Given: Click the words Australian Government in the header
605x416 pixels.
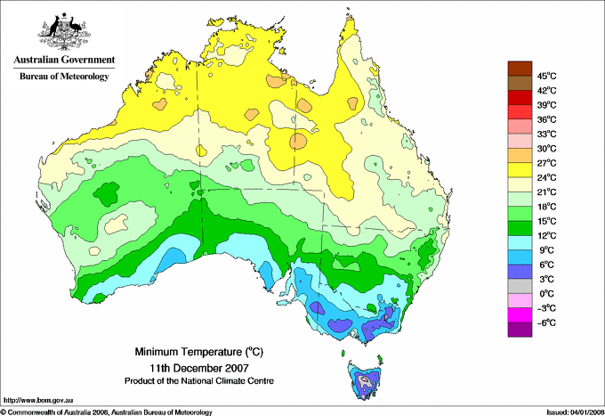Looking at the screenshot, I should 63,61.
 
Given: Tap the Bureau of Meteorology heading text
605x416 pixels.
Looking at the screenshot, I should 63,77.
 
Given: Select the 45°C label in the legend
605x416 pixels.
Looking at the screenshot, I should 546,76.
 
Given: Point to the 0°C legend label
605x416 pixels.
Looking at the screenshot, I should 546,293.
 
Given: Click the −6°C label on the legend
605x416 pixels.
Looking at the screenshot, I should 546,322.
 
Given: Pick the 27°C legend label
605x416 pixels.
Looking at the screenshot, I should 546,163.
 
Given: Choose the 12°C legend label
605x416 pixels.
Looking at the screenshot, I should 546,235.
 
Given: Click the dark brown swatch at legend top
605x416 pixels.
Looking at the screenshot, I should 518,69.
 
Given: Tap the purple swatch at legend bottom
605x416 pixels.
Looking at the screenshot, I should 518,330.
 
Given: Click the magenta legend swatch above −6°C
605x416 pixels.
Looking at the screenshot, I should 518,314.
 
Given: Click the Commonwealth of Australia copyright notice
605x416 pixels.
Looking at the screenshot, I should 107,412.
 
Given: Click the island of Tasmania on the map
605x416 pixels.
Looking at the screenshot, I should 366,379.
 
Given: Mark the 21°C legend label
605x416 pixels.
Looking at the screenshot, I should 546,192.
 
